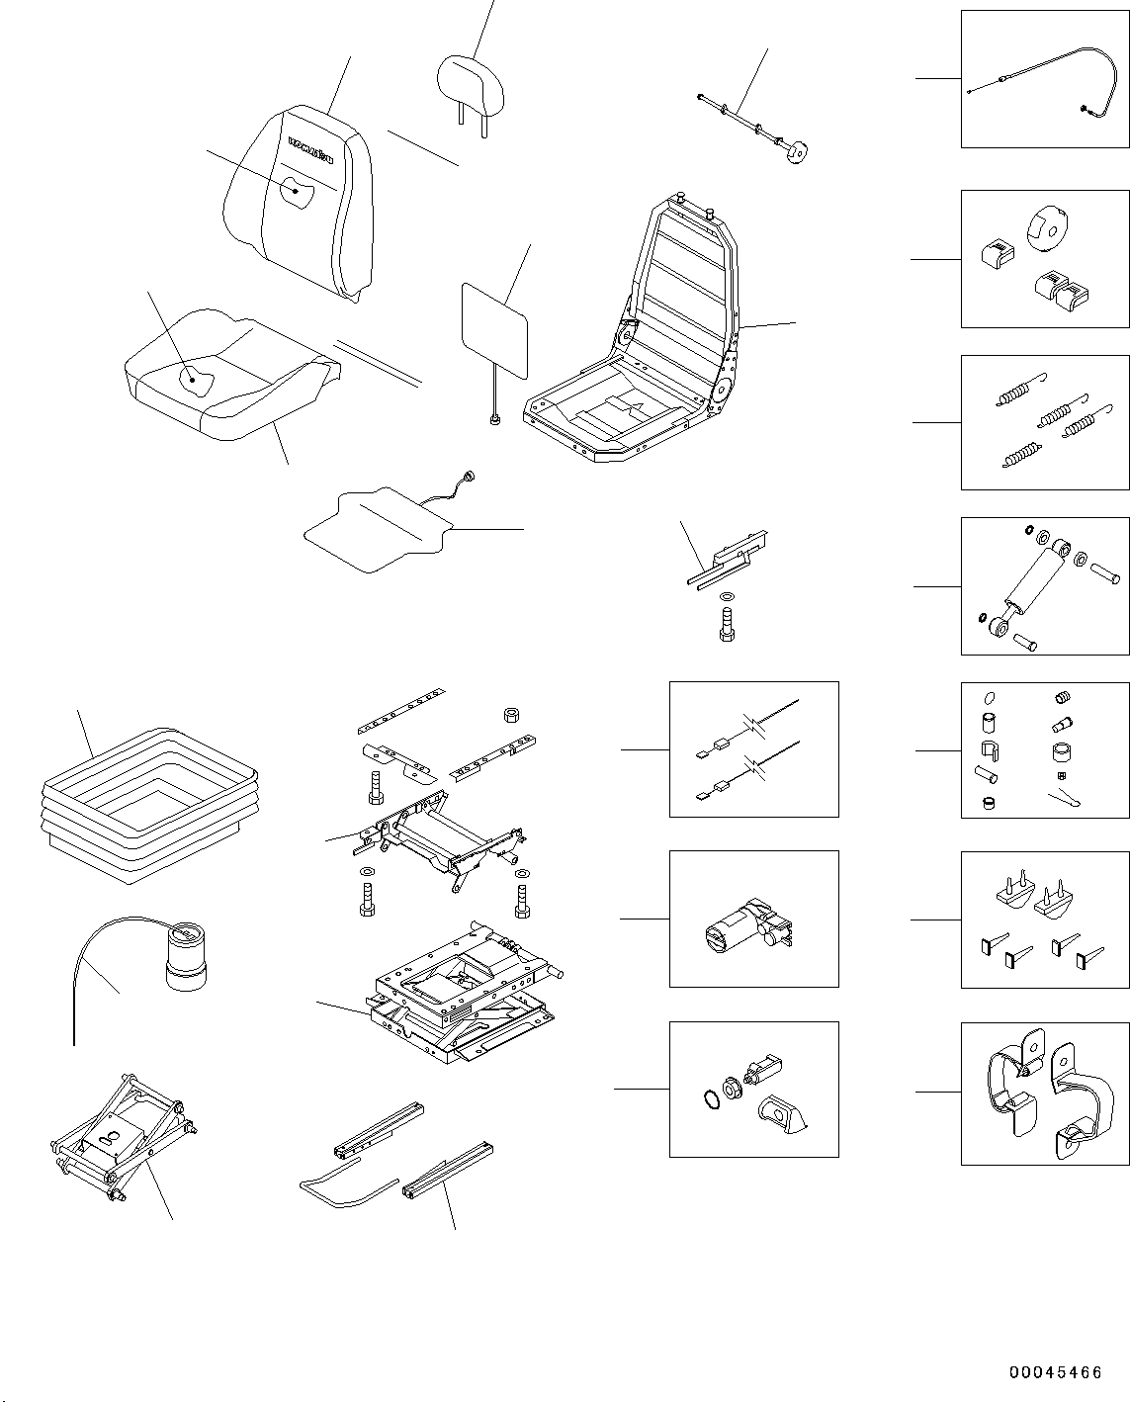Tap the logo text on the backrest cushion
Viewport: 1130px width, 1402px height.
coord(310,147)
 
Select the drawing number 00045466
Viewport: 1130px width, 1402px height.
coord(1055,1372)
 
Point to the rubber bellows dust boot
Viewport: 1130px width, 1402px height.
coord(148,801)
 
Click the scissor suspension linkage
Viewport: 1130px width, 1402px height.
coord(122,1141)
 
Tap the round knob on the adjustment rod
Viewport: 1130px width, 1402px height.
coord(797,152)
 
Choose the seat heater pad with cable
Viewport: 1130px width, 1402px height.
coord(376,530)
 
